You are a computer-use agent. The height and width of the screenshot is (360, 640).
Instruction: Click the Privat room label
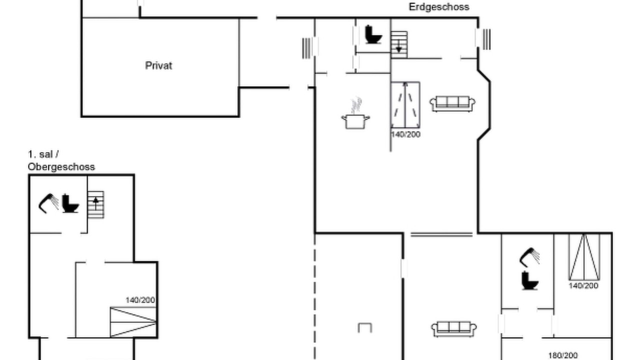(x=158, y=65)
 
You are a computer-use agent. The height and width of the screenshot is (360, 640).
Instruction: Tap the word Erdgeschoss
(x=439, y=7)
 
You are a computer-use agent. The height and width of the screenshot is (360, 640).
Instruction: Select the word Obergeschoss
(x=61, y=167)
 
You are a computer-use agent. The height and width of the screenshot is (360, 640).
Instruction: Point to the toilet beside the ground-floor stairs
(x=373, y=34)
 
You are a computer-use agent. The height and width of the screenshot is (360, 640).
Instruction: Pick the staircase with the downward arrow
(x=399, y=45)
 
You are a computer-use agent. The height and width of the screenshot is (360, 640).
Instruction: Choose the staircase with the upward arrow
(x=95, y=204)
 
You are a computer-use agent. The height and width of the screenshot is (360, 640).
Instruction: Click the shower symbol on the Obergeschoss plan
(x=48, y=203)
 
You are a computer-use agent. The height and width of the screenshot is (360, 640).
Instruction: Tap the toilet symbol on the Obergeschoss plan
(x=70, y=203)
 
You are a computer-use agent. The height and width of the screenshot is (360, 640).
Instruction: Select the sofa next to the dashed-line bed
(x=452, y=103)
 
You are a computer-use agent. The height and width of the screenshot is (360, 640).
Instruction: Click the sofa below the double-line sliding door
(x=453, y=329)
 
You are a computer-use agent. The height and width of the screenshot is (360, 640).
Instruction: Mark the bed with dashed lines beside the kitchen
(x=405, y=105)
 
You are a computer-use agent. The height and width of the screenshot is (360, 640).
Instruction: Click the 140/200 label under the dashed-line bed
(x=405, y=134)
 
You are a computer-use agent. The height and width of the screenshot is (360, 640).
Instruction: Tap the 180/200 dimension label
(x=563, y=355)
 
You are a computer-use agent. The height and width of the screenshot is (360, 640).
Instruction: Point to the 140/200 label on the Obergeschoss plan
(x=140, y=300)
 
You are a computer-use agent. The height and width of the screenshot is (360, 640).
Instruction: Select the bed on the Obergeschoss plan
(x=133, y=322)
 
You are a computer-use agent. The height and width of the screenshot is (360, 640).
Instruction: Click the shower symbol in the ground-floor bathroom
(x=529, y=257)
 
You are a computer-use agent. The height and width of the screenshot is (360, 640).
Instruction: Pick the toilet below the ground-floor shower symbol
(x=529, y=280)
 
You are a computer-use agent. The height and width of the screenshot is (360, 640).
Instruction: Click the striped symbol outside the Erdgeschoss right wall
(x=486, y=39)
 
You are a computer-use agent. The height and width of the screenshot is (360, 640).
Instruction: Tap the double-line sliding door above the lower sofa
(x=441, y=234)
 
